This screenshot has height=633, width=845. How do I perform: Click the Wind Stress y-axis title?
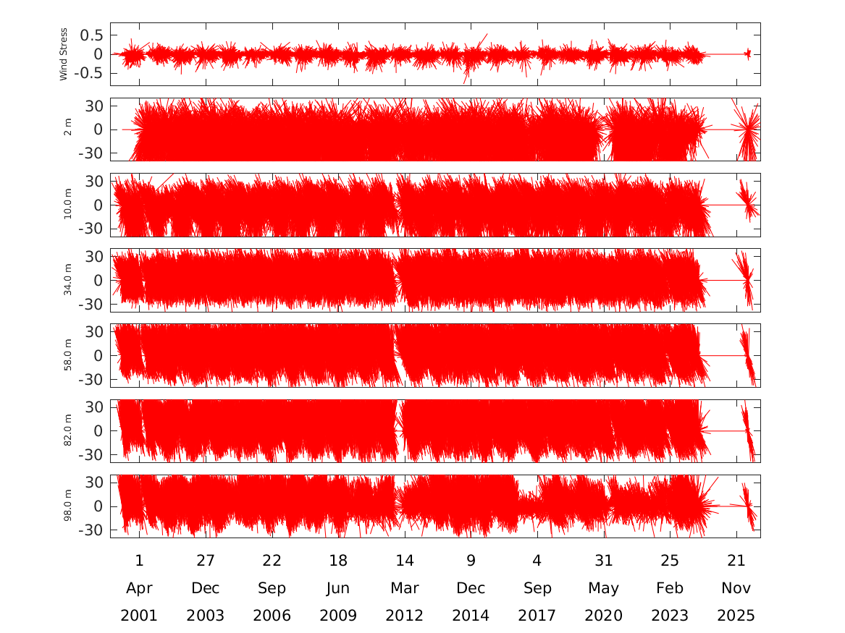coord(64,54)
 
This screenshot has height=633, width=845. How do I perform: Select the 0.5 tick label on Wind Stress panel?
coord(91,35)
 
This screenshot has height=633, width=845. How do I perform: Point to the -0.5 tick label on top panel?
coord(88,73)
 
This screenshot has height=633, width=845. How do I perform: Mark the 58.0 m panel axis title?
coord(67,355)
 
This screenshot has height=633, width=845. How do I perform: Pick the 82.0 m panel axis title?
coord(67,430)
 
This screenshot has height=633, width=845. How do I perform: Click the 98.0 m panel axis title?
coord(67,506)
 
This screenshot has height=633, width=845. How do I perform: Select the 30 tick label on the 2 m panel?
coord(94,106)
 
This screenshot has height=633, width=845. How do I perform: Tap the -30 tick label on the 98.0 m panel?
coord(91,530)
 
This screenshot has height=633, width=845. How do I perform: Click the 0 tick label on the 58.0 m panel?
coord(98,356)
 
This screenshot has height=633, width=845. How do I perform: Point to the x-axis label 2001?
coord(139,615)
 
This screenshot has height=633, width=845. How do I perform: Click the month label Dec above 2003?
coord(206,587)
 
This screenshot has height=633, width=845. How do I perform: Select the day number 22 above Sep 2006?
coord(272,561)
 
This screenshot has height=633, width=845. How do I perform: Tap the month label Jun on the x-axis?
coord(338,588)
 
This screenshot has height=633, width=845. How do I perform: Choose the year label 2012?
coord(404,615)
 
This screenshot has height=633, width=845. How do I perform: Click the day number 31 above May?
coord(604,561)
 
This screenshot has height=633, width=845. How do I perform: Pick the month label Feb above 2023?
coord(670,587)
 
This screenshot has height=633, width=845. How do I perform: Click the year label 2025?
coord(736,615)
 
